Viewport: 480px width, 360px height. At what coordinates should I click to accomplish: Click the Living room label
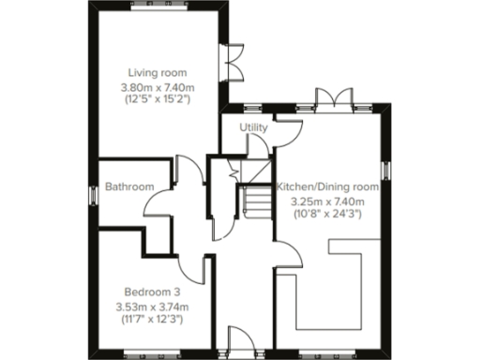click(x=157, y=73)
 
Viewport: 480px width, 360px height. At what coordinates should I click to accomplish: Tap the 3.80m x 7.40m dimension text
click(x=157, y=87)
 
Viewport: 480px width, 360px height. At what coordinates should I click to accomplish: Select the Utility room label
click(x=253, y=127)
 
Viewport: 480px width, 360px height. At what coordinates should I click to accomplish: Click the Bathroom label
click(x=128, y=187)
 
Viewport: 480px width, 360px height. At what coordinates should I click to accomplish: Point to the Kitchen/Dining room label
click(x=327, y=187)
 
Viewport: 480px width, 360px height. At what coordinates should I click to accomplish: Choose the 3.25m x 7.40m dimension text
click(x=327, y=201)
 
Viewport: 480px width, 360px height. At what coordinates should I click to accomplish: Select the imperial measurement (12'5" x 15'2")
click(x=157, y=98)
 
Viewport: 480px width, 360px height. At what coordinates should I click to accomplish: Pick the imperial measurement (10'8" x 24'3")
click(x=327, y=214)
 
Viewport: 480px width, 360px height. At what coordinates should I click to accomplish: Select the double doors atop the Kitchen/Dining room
click(x=333, y=101)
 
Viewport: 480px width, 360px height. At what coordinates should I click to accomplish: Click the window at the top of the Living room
click(x=157, y=4)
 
